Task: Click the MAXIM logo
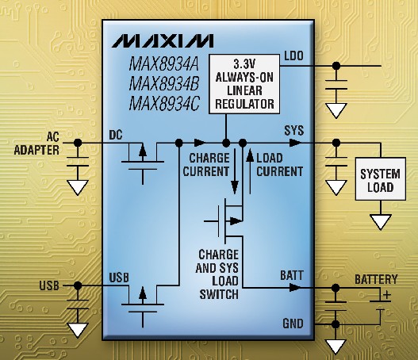point(163,40)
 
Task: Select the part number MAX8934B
point(164,83)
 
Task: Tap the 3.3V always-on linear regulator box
point(244,84)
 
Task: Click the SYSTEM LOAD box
point(381,178)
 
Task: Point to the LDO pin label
point(293,56)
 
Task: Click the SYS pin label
point(294,131)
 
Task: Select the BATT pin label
point(292,275)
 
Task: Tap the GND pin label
point(293,324)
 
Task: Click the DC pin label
point(116,136)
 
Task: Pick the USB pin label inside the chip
point(119,278)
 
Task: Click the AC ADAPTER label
point(36,144)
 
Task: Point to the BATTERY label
point(376,280)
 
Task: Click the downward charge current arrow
point(235,171)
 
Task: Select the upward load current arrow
point(250,171)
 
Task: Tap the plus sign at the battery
point(387,295)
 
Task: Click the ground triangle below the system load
point(381,222)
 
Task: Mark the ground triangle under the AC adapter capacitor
point(78,188)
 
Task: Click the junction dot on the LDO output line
point(336,66)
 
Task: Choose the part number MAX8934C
point(164,104)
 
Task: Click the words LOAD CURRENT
point(280,165)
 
